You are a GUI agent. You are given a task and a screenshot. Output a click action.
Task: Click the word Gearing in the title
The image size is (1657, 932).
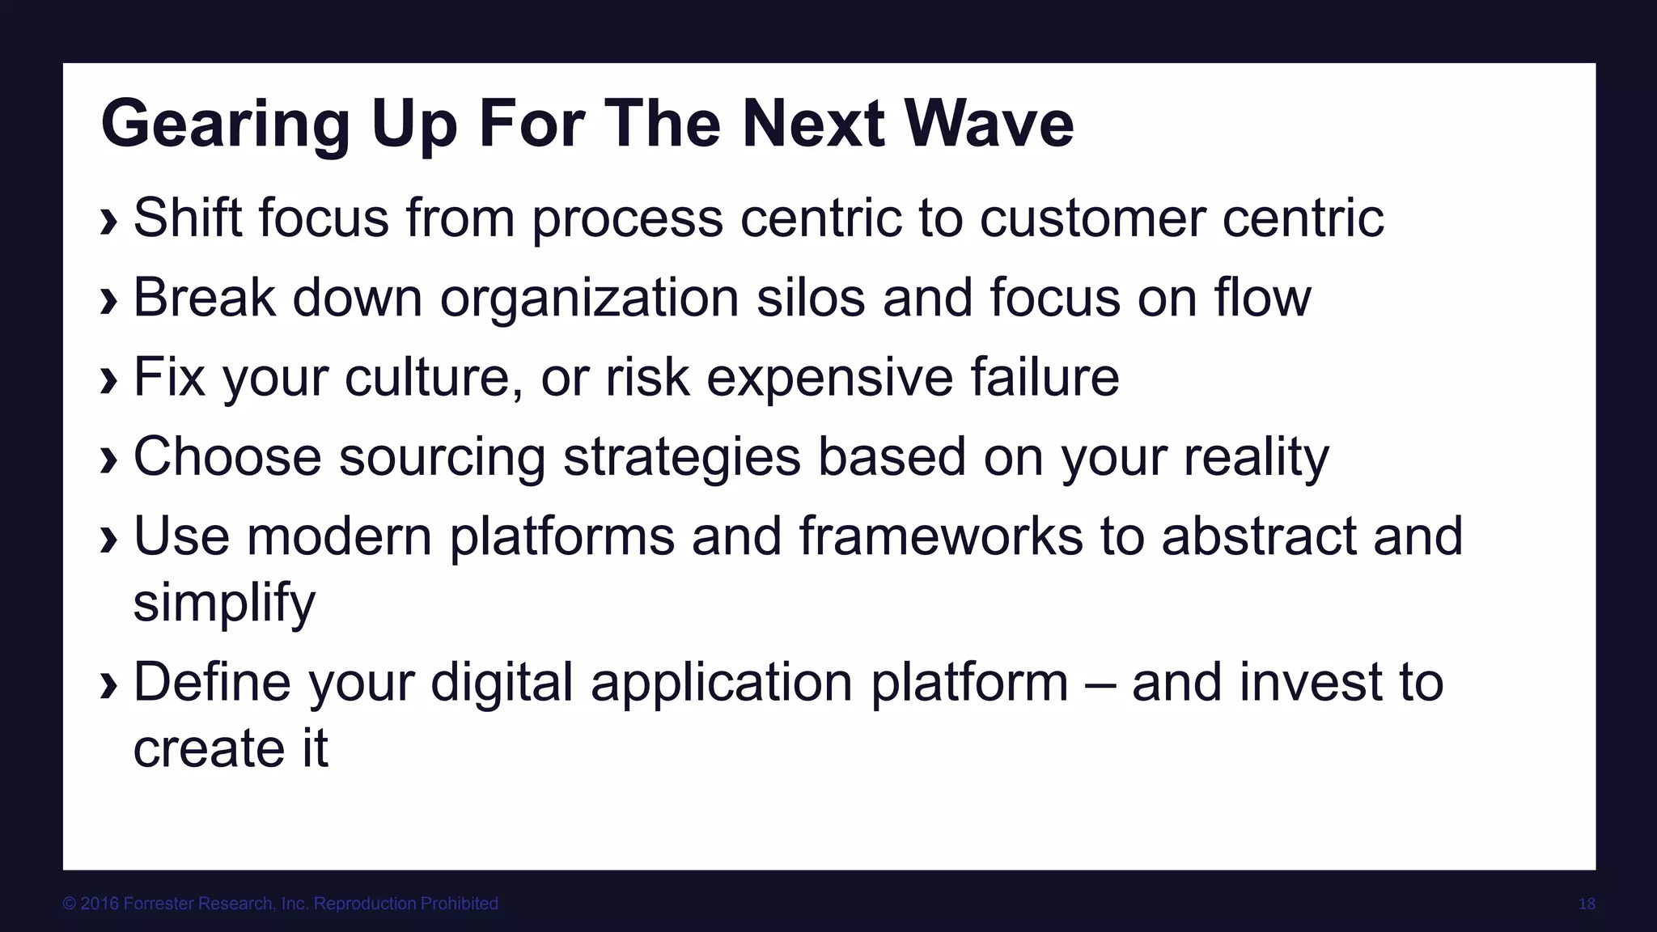[225, 125]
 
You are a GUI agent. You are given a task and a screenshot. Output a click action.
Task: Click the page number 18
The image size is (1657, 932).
[1587, 904]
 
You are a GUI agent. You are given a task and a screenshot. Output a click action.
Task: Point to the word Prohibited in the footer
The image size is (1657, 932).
[457, 904]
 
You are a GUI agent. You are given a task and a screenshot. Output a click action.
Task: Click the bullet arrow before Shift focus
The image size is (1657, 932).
[108, 222]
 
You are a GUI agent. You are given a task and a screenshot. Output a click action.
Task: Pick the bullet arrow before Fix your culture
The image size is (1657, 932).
[108, 381]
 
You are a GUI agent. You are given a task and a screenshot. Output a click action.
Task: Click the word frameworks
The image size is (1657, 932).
[940, 536]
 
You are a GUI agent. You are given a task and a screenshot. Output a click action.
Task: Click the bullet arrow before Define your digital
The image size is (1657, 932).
[108, 687]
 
